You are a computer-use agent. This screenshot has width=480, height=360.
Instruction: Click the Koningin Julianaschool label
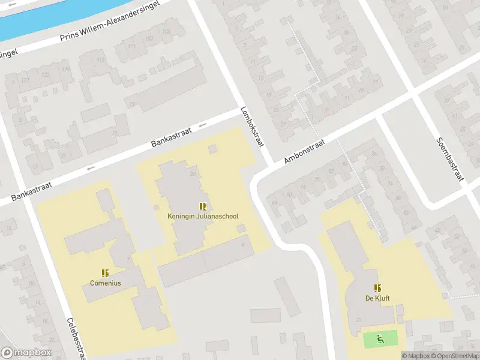[x=202, y=217]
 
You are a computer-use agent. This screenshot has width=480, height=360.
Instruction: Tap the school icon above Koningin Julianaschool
[x=203, y=206]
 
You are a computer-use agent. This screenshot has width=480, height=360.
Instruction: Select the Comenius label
[x=106, y=283]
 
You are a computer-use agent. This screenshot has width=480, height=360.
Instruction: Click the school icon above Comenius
[x=106, y=273]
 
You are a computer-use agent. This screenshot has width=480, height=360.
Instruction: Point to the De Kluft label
[x=377, y=298]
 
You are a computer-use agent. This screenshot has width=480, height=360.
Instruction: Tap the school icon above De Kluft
[x=377, y=288]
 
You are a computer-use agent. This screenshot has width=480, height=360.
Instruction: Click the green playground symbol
[x=380, y=340]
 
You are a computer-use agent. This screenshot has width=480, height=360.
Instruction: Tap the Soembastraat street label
[x=450, y=160]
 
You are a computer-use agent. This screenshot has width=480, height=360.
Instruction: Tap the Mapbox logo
[x=25, y=353]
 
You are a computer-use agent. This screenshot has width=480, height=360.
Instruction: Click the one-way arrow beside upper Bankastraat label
[x=202, y=125]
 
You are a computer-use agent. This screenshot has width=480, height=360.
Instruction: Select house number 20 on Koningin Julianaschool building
[x=193, y=174]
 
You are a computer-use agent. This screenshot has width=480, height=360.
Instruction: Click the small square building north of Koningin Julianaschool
[x=212, y=148]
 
